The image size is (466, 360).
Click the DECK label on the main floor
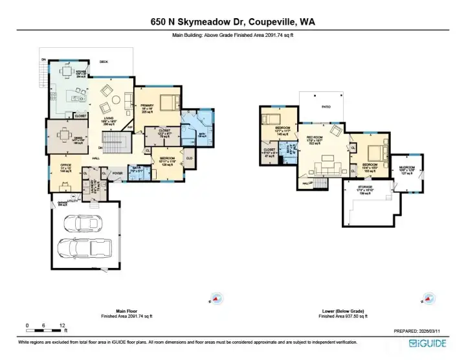(103, 62)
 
